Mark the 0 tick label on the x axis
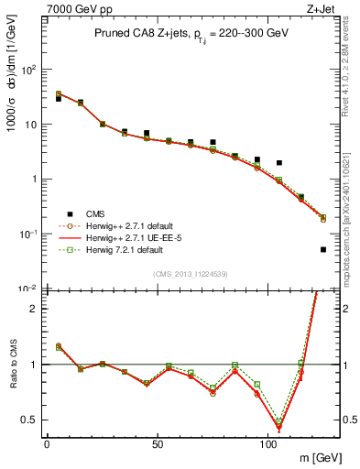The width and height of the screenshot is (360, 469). [48, 442]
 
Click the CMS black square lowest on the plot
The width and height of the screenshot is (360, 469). [323, 249]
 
